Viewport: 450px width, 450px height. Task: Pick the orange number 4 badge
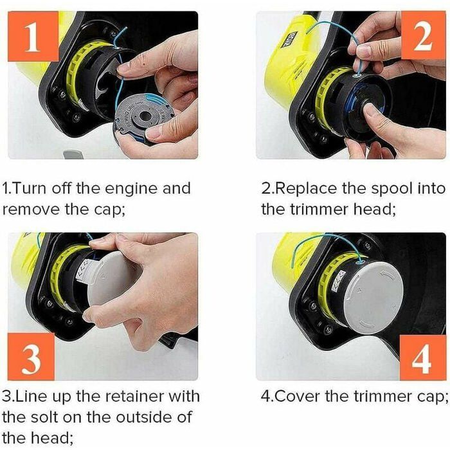coord(421,358)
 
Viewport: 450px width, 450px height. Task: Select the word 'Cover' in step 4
coord(298,395)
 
